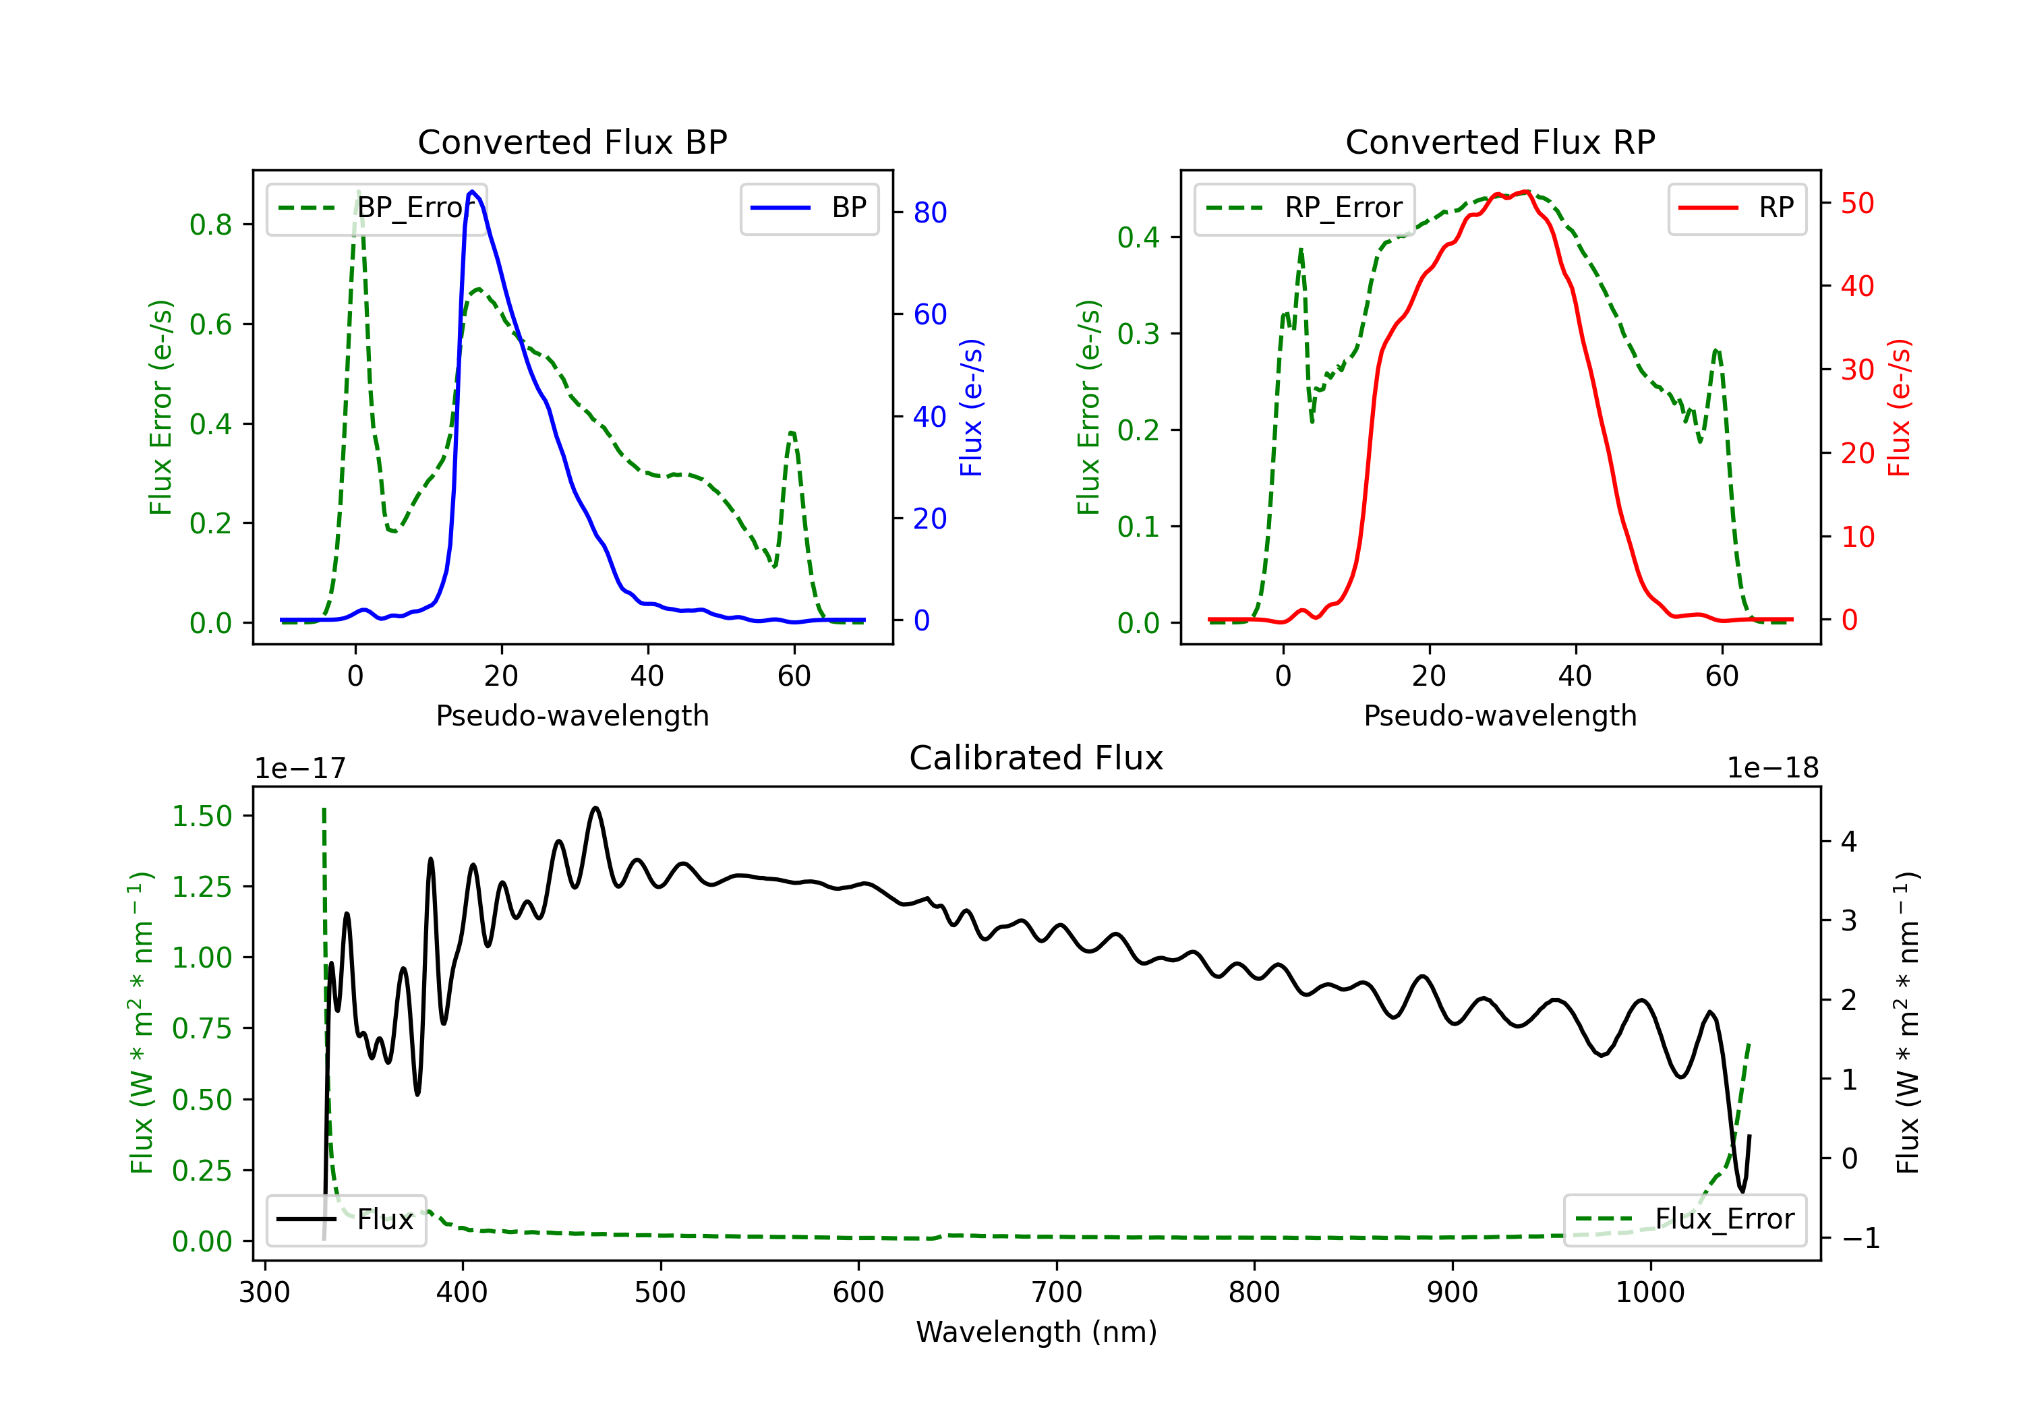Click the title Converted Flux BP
[573, 142]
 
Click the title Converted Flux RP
[1500, 142]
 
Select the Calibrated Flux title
[1036, 758]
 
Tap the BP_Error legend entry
[377, 208]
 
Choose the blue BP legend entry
[809, 208]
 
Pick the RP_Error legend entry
[1304, 208]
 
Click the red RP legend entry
[1736, 208]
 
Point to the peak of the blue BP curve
[472, 191]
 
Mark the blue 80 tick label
[931, 212]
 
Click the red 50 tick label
[1857, 204]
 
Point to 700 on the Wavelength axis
[1057, 1292]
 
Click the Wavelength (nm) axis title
[1036, 1332]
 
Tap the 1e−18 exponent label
[1773, 769]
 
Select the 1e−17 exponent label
[301, 769]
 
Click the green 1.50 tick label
[202, 816]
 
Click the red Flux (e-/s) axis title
[1899, 407]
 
